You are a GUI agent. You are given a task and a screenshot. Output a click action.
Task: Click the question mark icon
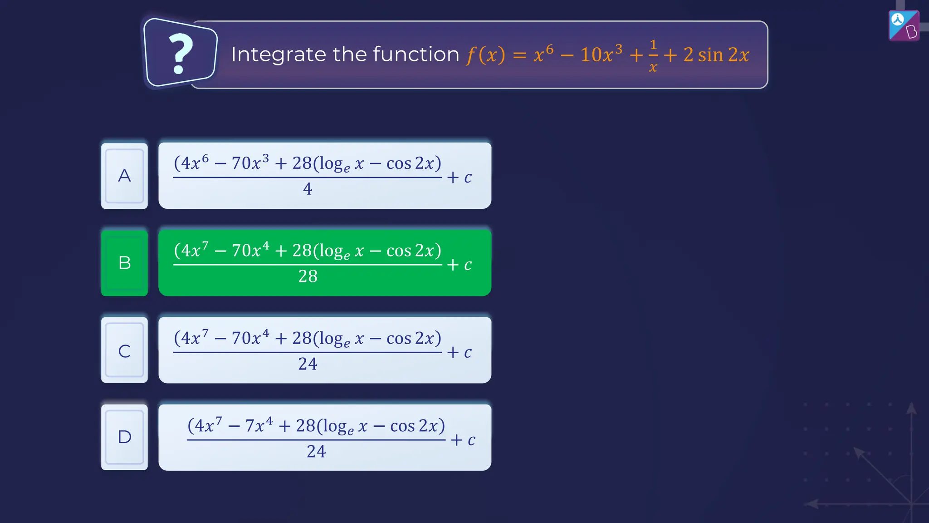(x=181, y=53)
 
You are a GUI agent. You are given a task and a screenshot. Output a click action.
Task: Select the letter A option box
(x=124, y=176)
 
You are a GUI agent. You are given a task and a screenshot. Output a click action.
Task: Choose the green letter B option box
(x=124, y=263)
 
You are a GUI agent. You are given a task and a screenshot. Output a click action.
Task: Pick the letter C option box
(x=124, y=350)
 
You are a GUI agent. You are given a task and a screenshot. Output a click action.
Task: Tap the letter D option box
(x=124, y=437)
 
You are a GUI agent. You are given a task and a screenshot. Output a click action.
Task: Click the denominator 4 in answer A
(x=308, y=189)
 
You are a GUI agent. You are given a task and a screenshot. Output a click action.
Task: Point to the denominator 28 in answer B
(x=308, y=276)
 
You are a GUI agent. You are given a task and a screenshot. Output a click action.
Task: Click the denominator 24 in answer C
(x=308, y=364)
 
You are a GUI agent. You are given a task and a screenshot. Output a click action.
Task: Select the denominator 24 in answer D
(x=316, y=451)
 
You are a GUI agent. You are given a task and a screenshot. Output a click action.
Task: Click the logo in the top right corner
(x=904, y=25)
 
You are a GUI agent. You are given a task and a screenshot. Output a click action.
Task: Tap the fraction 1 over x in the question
(x=653, y=56)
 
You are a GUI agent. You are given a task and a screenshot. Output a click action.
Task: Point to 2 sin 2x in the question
(x=716, y=55)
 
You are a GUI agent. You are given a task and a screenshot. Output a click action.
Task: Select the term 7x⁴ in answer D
(x=259, y=425)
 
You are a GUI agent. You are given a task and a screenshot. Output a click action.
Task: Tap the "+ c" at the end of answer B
(x=460, y=265)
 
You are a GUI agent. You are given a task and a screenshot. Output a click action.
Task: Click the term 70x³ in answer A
(x=250, y=163)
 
